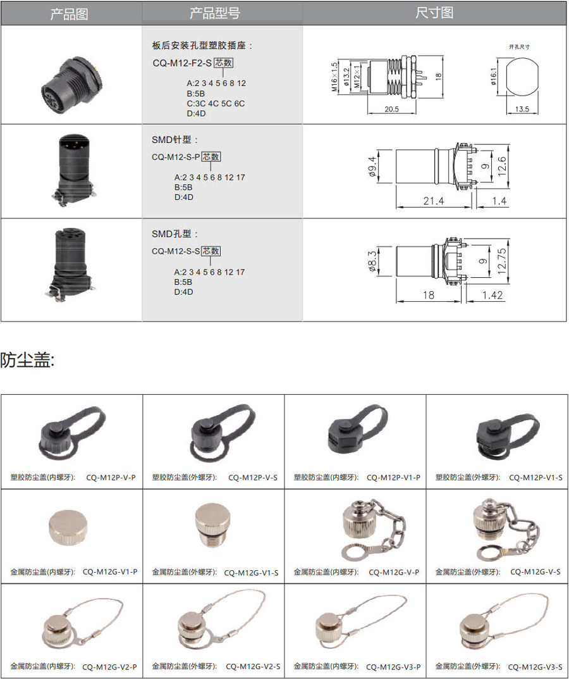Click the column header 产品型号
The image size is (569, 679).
(x=214, y=13)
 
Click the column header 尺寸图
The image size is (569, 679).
(x=434, y=13)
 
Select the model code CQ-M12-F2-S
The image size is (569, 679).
(x=181, y=63)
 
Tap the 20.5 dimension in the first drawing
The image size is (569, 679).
(x=391, y=109)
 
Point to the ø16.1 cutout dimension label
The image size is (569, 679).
(x=494, y=76)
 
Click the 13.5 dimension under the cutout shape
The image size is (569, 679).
(x=522, y=109)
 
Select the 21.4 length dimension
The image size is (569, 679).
(x=434, y=201)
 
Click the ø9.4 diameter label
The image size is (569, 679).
(x=372, y=166)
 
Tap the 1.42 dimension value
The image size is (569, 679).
(x=493, y=296)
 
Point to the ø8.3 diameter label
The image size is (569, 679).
(x=372, y=261)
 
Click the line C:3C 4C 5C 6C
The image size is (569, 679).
(x=216, y=104)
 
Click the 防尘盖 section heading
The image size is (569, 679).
(x=27, y=360)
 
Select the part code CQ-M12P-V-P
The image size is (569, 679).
(x=111, y=478)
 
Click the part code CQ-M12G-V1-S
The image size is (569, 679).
(x=252, y=573)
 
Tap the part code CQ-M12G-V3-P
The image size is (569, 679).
(x=393, y=667)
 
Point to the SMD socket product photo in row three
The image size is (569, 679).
(x=71, y=264)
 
